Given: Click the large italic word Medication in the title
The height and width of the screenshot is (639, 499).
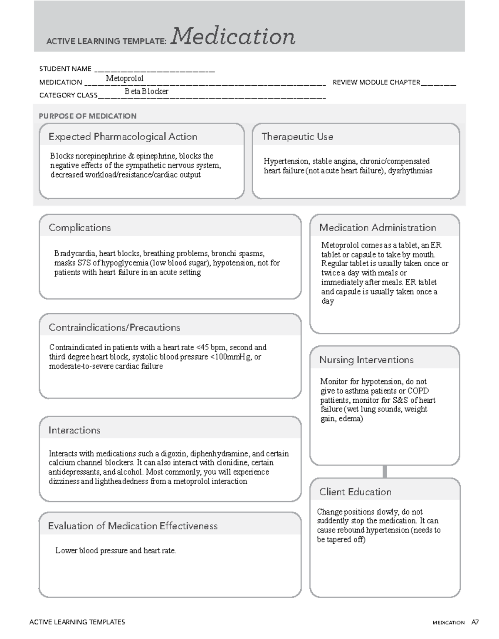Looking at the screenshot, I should pyautogui.click(x=233, y=36).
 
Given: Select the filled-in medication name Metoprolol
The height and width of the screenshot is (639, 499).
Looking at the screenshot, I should pyautogui.click(x=125, y=79).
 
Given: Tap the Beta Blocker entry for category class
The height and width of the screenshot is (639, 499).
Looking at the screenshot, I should pyautogui.click(x=146, y=92).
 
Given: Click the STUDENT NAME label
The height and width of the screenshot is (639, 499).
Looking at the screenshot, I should pyautogui.click(x=65, y=69).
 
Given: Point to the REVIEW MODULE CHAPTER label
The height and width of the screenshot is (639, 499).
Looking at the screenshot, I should pyautogui.click(x=376, y=82).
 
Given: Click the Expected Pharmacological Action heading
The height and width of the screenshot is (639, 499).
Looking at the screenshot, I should pyautogui.click(x=123, y=136).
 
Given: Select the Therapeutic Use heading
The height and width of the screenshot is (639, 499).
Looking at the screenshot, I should pyautogui.click(x=297, y=136).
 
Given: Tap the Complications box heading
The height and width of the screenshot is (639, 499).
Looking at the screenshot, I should pyautogui.click(x=79, y=228).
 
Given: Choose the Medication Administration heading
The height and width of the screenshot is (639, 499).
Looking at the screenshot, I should pyautogui.click(x=378, y=228).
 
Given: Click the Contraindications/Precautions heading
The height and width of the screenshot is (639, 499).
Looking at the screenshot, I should pyautogui.click(x=114, y=327).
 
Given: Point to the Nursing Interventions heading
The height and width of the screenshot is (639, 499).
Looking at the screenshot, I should pyautogui.click(x=366, y=360).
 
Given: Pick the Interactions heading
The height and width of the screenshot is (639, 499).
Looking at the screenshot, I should pyautogui.click(x=74, y=430).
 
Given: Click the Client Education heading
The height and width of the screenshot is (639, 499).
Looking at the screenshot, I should pyautogui.click(x=356, y=492).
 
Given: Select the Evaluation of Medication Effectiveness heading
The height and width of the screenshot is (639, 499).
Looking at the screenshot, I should pyautogui.click(x=133, y=526).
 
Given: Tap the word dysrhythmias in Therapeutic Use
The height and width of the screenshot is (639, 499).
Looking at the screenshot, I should pyautogui.click(x=410, y=171).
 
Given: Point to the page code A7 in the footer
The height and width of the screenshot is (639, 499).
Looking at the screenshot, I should pyautogui.click(x=475, y=622).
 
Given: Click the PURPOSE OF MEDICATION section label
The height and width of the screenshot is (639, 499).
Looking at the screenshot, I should pyautogui.click(x=88, y=116).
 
